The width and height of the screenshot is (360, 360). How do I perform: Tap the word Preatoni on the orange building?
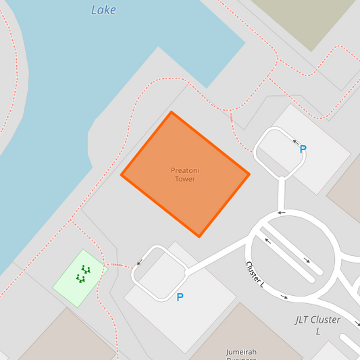pos(185,170)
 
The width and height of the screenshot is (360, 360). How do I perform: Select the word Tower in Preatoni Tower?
pos(185,179)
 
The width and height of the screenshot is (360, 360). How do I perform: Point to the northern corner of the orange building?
pos(172,112)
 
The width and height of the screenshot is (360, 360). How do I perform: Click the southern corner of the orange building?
pos(199,236)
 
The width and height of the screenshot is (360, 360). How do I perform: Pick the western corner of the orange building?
pos(122,175)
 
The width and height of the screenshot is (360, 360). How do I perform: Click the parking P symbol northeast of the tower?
pos(303,149)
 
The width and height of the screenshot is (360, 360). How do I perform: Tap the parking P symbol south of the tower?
pos(180,297)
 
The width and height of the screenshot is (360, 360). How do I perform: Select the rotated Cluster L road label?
pos(255,274)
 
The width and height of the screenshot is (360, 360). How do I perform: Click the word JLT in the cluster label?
pos(305,319)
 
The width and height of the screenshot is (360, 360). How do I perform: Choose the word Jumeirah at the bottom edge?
pos(242,352)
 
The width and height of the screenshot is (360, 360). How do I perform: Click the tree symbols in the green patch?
pos(82,274)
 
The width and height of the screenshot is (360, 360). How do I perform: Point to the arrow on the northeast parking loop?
pos(294,142)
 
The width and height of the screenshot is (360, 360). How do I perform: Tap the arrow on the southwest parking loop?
pos(139,263)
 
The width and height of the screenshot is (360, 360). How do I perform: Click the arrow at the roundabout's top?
pos(281,213)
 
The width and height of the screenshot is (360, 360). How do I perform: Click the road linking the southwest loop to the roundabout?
pos(216,259)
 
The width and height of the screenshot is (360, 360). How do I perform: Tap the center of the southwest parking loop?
pos(160,273)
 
